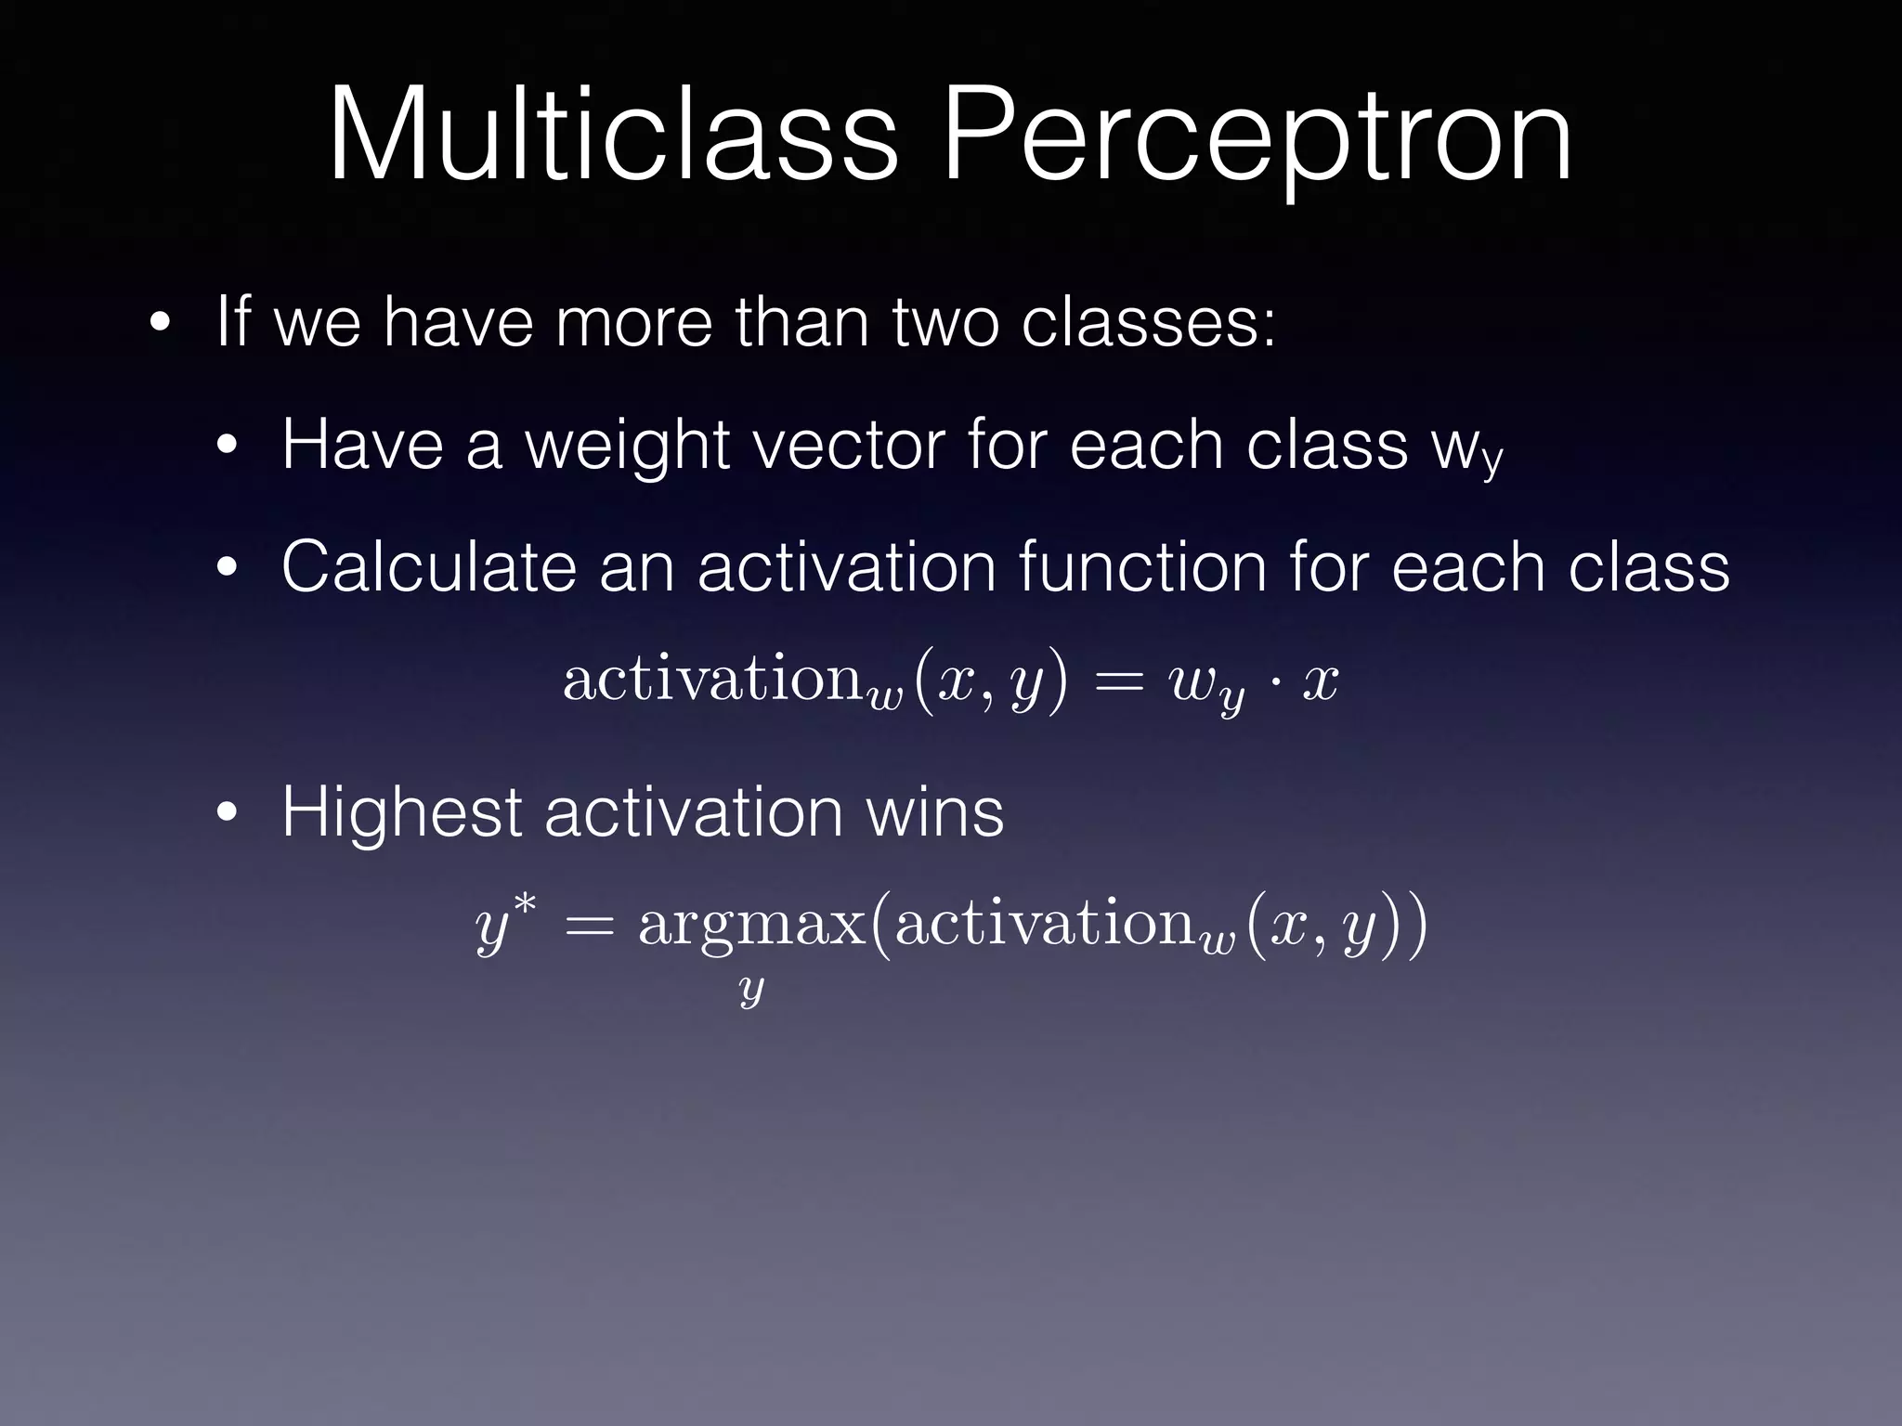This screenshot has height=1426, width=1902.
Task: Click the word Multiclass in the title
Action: (613, 135)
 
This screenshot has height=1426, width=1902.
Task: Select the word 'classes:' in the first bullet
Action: (1148, 322)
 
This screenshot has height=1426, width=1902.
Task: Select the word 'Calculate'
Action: (428, 567)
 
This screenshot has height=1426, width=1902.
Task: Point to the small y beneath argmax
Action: (750, 991)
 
